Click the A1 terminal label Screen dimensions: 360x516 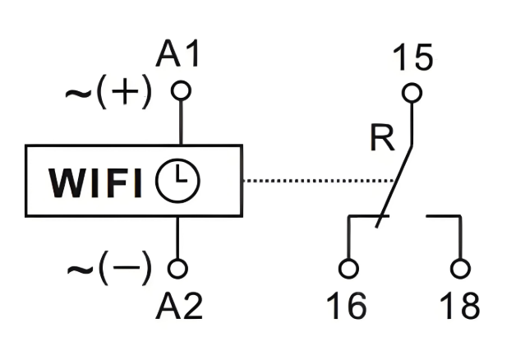click(178, 56)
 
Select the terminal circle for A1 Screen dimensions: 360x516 click(180, 88)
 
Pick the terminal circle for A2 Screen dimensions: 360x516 click(178, 268)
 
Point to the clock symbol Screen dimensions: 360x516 click(179, 182)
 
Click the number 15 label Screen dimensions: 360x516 click(412, 58)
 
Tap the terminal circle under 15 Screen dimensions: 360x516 click(412, 92)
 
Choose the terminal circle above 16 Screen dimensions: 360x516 click(348, 268)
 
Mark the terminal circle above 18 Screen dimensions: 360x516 click(460, 268)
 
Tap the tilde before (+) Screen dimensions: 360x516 click(79, 92)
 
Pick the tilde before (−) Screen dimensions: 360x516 click(79, 267)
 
